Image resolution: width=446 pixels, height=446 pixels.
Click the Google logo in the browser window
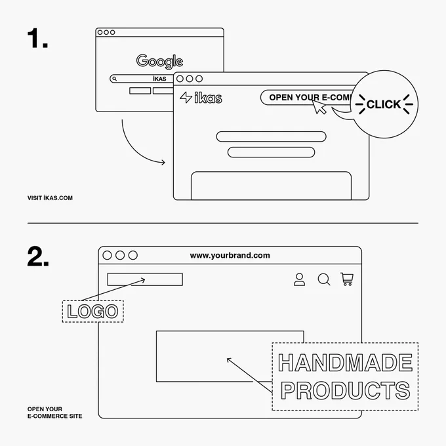(159, 61)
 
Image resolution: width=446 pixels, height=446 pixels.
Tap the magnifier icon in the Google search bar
(114, 79)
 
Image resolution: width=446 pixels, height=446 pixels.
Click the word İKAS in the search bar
(159, 79)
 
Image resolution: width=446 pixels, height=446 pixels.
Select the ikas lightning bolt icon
(186, 97)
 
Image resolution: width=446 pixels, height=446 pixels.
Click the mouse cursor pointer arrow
(319, 106)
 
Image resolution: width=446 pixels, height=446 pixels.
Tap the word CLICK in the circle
(384, 104)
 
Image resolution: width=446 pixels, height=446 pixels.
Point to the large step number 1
(37, 38)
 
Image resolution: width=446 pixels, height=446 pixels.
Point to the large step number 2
(38, 256)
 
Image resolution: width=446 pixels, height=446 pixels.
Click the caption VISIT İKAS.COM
(50, 198)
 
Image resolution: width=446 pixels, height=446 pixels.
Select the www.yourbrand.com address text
(230, 255)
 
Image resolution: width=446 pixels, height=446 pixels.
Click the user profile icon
(299, 279)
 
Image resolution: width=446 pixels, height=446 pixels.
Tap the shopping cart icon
(347, 279)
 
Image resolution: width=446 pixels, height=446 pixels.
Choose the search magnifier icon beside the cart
(324, 279)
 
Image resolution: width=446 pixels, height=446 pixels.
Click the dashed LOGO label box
(92, 311)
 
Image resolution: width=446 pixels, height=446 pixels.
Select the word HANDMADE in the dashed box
(345, 363)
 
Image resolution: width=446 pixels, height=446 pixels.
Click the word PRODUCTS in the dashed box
(345, 390)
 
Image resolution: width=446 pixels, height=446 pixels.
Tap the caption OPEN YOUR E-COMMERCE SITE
(54, 413)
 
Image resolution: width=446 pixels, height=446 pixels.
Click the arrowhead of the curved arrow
(163, 163)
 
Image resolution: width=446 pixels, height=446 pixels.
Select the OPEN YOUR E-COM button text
(311, 98)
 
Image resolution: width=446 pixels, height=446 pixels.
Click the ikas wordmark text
(208, 98)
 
